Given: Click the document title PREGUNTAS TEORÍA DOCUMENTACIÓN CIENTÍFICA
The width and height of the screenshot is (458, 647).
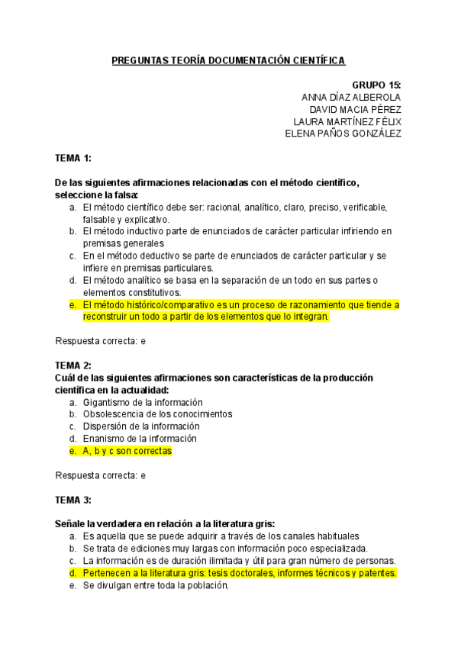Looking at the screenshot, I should pos(228,60).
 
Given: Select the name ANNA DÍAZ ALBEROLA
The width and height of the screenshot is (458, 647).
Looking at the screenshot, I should pos(351,97).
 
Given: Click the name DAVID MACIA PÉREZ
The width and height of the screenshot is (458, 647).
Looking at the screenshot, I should pos(355,109).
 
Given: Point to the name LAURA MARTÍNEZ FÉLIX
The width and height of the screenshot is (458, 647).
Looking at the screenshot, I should pos(347,121).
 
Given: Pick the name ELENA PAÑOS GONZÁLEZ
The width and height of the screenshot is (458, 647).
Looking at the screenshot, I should pos(343,134).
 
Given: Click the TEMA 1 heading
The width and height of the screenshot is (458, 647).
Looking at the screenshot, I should pos(73,158).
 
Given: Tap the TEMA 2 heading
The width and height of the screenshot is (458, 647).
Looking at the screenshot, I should pos(73,365).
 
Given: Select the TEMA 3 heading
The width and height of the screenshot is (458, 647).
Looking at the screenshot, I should pos(73,500).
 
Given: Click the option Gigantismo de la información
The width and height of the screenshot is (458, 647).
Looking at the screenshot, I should pos(143,402).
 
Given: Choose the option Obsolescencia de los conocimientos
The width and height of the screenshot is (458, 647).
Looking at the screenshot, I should pos(157,414).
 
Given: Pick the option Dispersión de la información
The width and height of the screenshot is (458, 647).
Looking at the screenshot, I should pos(141,426).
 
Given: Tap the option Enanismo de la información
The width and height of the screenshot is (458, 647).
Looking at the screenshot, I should pos(140,439).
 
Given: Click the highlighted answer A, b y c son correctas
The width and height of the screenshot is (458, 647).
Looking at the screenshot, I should pos(127,451).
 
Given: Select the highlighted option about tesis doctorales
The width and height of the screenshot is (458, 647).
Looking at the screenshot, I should pos(239,573).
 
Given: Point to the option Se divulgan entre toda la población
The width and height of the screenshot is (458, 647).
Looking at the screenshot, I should pos(156,585).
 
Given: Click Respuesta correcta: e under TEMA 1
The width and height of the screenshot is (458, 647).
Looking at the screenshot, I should pos(101,341).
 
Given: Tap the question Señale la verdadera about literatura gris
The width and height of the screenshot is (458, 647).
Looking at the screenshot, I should pos(165,524).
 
